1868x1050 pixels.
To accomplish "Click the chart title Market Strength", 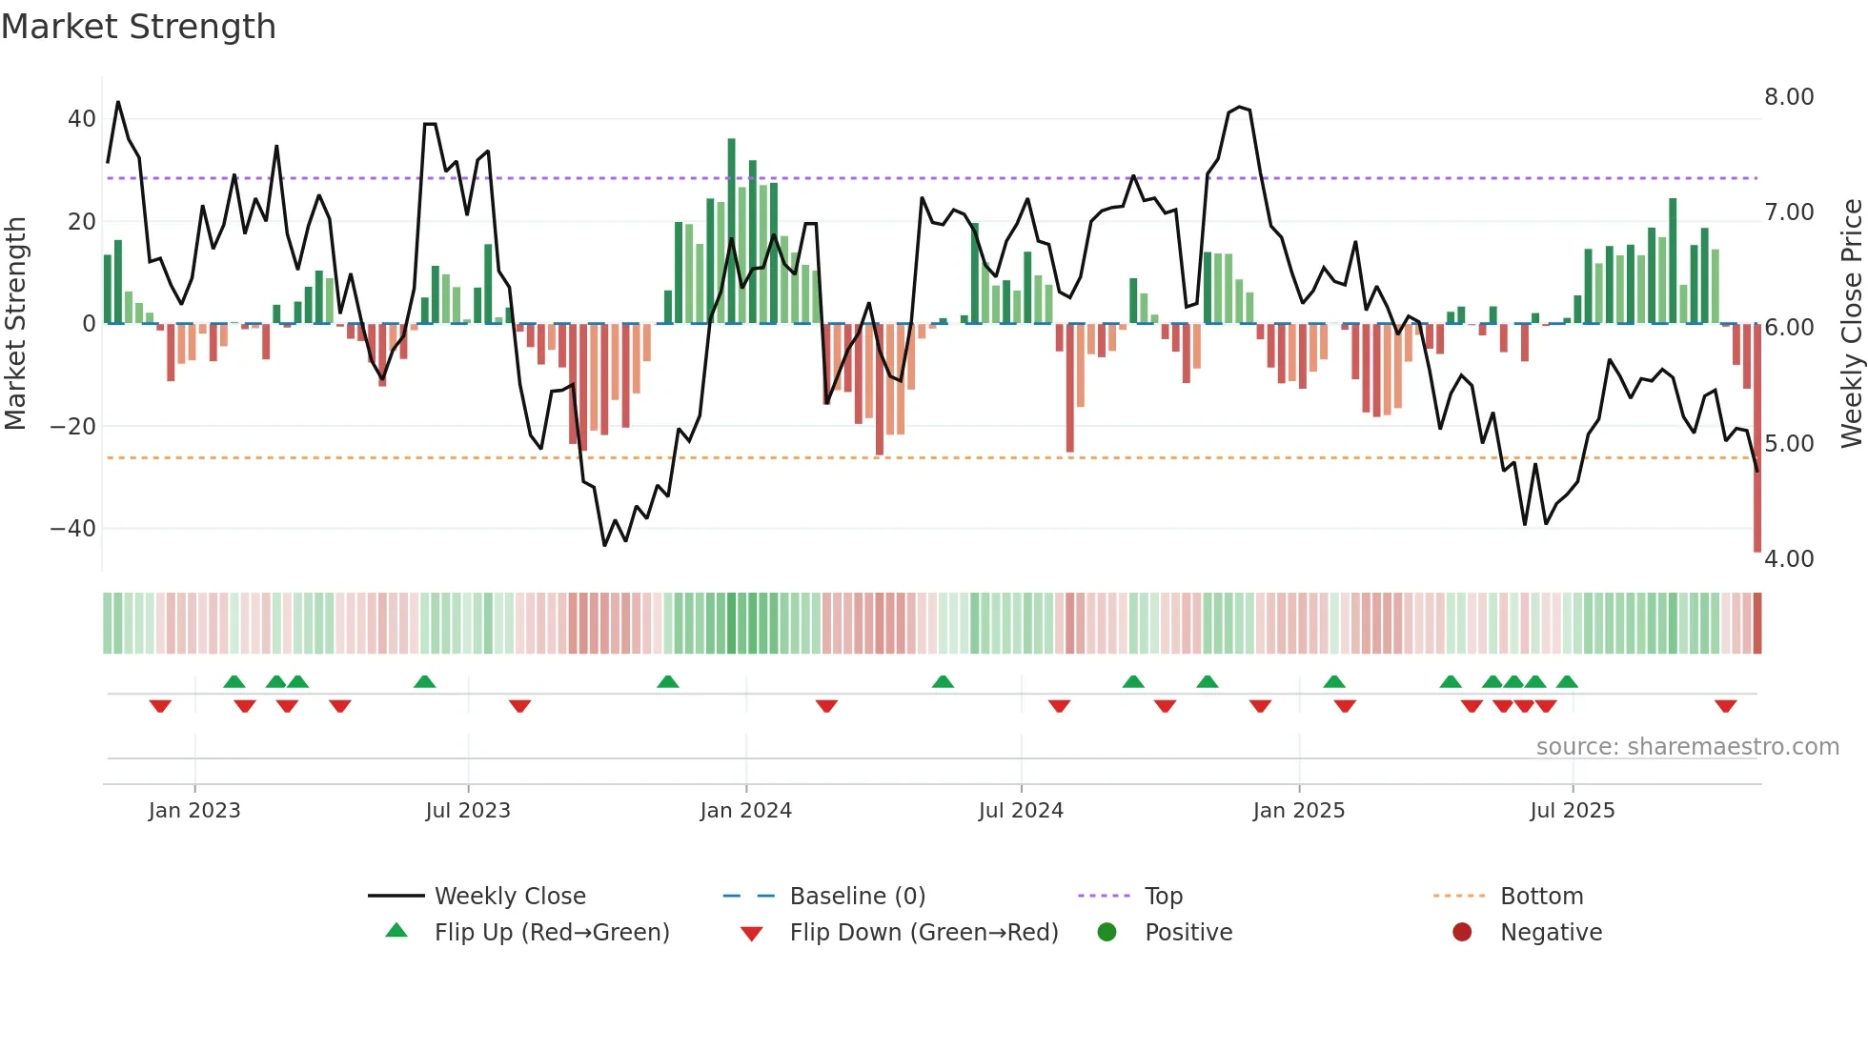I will click(139, 27).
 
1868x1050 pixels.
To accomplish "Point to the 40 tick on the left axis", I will click(82, 119).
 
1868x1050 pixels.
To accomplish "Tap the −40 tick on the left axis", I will click(73, 528).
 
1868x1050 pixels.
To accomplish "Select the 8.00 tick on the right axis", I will click(1789, 97).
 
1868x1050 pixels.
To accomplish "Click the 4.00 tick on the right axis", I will click(1789, 559).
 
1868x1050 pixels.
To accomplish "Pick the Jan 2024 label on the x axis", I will click(745, 811).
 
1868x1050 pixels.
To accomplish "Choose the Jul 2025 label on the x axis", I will click(1572, 811).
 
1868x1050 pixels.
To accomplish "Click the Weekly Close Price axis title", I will click(1851, 324).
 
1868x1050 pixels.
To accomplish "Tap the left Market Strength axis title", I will click(15, 324).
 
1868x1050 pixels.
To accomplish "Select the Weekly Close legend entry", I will click(510, 897).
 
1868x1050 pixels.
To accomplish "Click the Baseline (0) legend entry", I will click(857, 897).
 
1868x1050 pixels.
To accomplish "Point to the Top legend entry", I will click(1163, 897).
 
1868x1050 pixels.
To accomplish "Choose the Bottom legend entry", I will click(1541, 897).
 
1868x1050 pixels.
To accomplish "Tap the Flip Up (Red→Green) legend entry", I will click(551, 933).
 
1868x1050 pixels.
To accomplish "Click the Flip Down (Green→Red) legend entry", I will click(923, 933).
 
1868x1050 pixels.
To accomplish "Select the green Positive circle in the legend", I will click(1107, 933).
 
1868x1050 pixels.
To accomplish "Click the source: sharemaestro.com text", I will click(1687, 747).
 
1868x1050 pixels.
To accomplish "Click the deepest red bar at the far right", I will click(1757, 438).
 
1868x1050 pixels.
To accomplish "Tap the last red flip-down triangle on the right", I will click(1725, 706).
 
